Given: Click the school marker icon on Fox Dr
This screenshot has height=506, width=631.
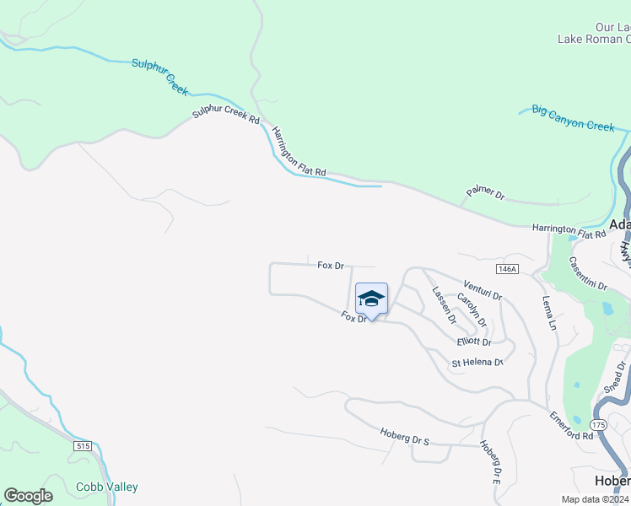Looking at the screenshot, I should point(371,299).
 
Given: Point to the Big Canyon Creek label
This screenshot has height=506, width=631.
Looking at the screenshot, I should point(573,119).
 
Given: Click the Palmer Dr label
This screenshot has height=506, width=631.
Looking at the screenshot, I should point(485,194).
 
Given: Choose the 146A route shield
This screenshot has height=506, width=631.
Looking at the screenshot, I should point(506,268).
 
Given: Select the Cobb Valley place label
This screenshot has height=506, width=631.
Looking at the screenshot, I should point(107,487).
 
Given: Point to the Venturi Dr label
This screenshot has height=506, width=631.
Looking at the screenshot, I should point(483,290).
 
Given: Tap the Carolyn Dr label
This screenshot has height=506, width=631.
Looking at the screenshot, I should point(472,310).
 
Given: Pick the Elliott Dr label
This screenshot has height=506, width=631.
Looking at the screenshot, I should point(473,342).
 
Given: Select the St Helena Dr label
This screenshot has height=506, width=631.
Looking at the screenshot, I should point(477,363).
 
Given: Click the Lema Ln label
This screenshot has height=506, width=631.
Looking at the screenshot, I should point(549,311).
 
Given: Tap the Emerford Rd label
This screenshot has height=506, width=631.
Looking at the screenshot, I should point(571,425).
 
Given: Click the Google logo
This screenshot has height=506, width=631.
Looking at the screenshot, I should point(29,496).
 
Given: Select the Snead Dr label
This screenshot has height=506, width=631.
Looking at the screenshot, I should point(613,378).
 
